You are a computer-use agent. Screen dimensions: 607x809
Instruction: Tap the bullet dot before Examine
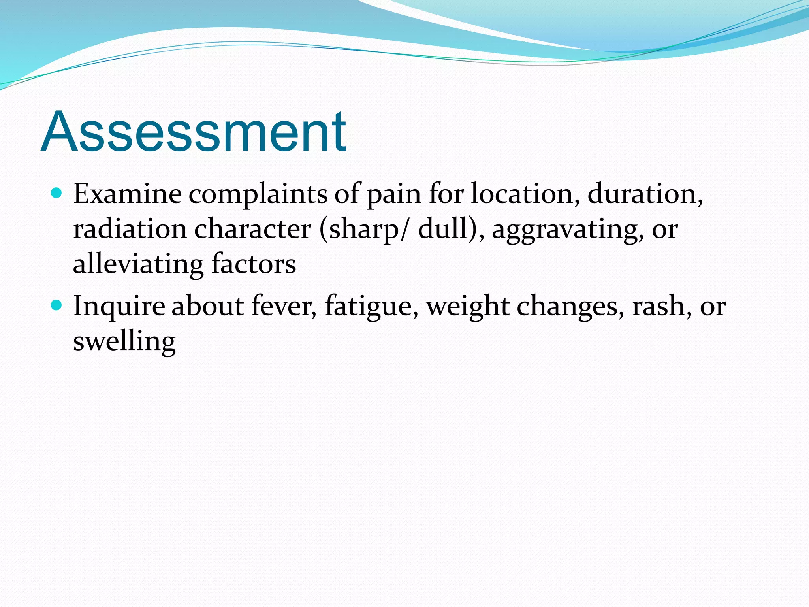[57, 193]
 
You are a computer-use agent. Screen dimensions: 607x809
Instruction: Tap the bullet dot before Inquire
[57, 305]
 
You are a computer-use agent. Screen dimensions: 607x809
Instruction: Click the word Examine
[127, 194]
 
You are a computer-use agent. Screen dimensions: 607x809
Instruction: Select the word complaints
[258, 194]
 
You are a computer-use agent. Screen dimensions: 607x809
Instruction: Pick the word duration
[645, 194]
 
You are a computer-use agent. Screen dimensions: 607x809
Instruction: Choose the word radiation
[130, 229]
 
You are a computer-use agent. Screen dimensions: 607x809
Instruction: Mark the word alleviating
[138, 264]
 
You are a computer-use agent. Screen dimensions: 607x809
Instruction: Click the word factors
[254, 264]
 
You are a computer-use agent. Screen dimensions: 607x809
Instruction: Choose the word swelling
[124, 341]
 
